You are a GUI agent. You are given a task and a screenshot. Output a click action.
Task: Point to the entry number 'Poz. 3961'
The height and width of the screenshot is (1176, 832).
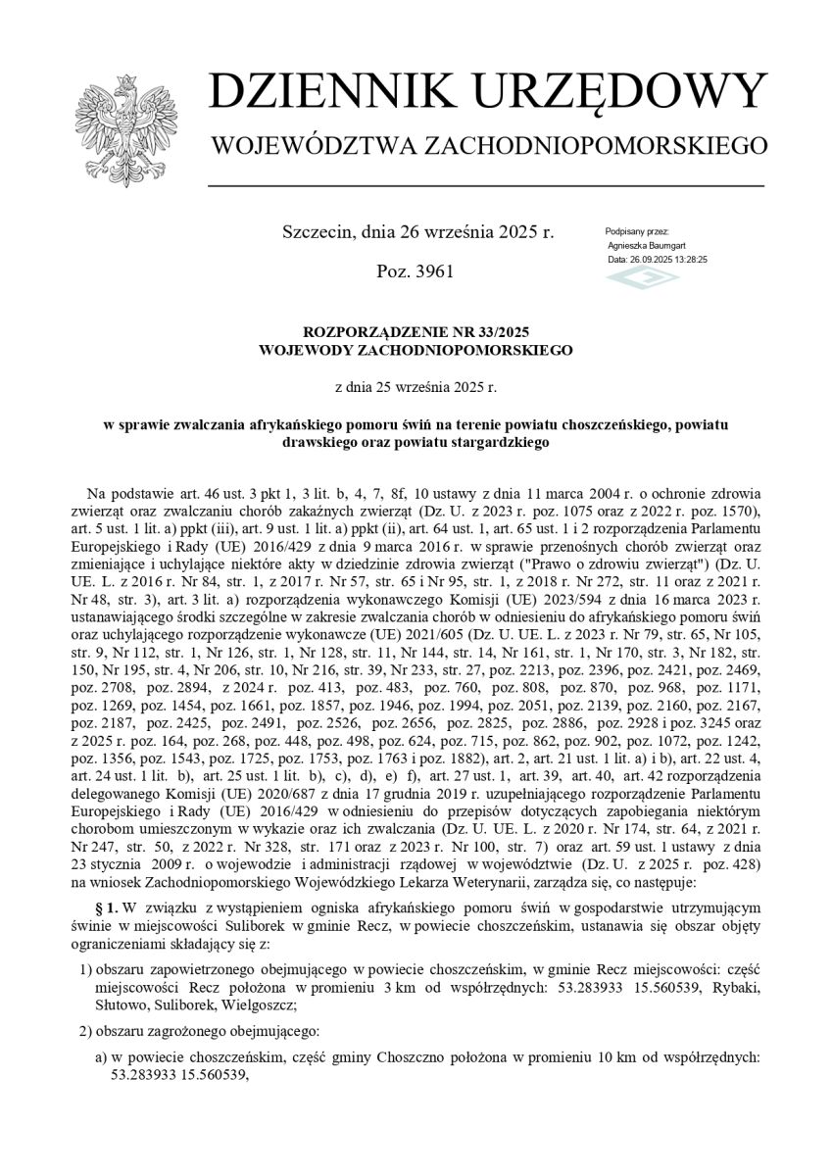coord(415,270)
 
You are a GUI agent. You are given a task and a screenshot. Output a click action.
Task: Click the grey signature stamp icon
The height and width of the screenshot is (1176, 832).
coord(642,279)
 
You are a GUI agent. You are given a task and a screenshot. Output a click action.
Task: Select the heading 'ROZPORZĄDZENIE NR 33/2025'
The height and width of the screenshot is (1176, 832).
coord(416,331)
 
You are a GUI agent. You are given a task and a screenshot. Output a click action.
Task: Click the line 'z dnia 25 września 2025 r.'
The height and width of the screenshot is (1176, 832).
coord(416,387)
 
